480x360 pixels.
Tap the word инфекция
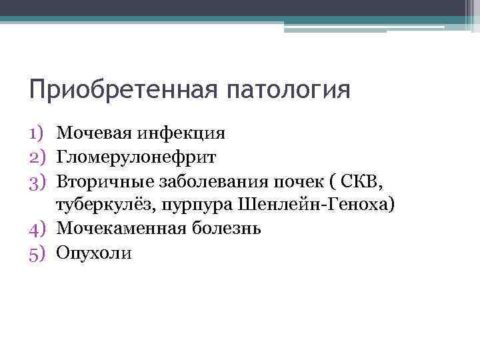[x=181, y=133]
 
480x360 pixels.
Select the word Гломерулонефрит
[x=137, y=157]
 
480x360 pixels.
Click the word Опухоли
[x=94, y=253]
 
